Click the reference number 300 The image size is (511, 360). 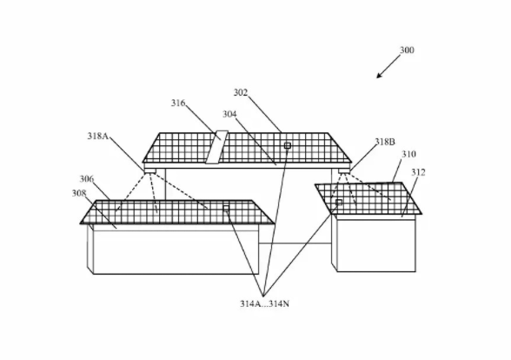[407, 50]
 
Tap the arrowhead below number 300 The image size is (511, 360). [379, 76]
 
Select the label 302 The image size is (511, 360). [241, 92]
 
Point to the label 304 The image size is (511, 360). [229, 114]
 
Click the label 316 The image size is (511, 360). [178, 103]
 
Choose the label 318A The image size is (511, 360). [97, 136]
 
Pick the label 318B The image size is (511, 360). [385, 142]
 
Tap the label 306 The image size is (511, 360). [87, 179]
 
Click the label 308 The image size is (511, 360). [79, 193]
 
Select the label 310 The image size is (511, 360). [408, 154]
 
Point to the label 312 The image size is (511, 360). [418, 172]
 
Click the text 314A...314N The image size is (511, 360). [264, 304]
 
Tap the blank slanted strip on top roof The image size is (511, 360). [216, 147]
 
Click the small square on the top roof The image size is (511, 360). [288, 145]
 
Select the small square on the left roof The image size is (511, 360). [226, 209]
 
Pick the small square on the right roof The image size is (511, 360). [339, 202]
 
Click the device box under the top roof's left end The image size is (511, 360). [149, 170]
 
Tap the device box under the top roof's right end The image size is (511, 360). [344, 170]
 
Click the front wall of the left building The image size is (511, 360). [176, 252]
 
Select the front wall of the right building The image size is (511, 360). [376, 245]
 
